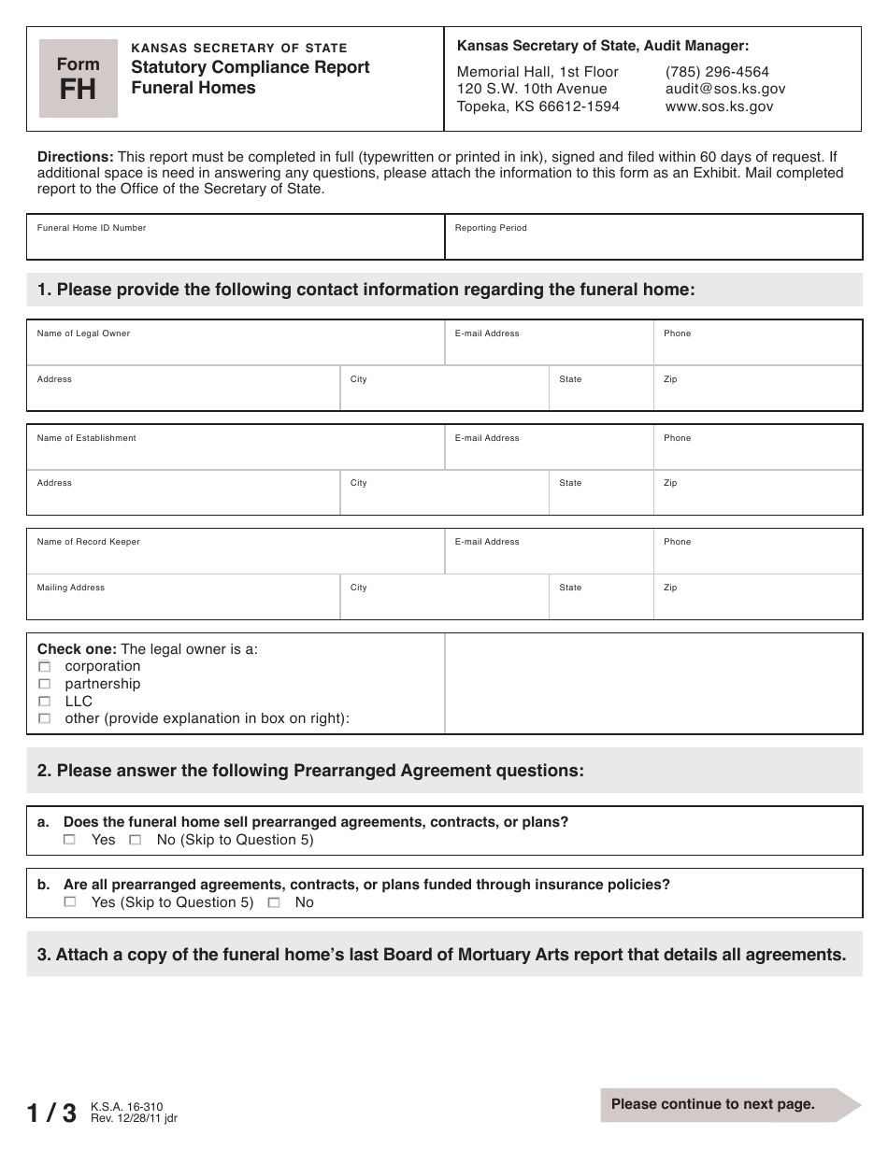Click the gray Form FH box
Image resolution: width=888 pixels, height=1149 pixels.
point(79,78)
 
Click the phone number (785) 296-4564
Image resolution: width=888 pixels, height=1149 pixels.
point(717,72)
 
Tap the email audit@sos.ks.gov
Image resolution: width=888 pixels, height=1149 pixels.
point(724,89)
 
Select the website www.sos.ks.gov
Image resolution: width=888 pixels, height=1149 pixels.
point(719,106)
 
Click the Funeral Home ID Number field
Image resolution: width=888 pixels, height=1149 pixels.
point(235,243)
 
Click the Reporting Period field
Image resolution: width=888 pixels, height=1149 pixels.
point(652,243)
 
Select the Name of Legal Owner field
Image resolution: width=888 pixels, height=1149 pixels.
point(235,348)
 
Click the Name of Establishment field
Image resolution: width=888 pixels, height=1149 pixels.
point(235,453)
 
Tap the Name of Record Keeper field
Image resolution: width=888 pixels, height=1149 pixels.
point(235,557)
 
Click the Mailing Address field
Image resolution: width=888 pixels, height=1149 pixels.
point(183,603)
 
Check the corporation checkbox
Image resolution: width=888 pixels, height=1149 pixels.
point(44,667)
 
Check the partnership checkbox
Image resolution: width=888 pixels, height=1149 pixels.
point(44,685)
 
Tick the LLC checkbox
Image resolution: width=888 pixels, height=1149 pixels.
point(44,702)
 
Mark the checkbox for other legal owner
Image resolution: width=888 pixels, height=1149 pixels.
point(44,719)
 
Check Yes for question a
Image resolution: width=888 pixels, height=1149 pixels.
point(69,840)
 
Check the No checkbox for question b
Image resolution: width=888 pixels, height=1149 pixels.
point(273,903)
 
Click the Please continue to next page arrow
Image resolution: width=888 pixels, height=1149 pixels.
point(729,1104)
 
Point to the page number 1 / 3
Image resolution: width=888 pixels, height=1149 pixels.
point(52,1113)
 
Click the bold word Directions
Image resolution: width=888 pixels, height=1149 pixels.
point(75,157)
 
